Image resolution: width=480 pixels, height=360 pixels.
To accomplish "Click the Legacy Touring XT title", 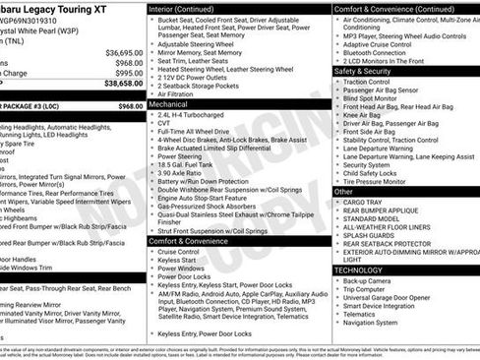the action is (61, 8).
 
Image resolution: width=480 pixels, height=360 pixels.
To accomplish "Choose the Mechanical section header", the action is (170, 102).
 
